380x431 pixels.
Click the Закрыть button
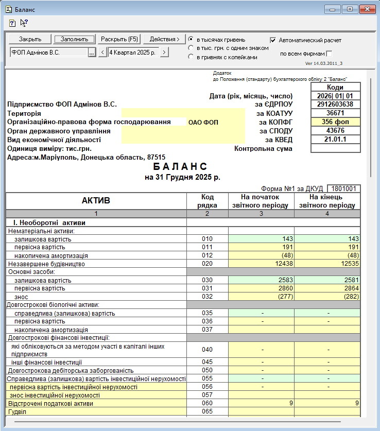pos(30,39)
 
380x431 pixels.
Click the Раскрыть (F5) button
pos(119,39)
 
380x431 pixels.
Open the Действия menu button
pos(164,39)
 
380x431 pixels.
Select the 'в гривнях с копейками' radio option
pos(191,57)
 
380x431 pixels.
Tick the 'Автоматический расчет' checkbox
pos(273,40)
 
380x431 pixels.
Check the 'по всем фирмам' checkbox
pos(330,54)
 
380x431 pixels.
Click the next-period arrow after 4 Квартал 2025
pos(164,52)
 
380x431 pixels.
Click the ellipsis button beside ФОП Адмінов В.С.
pos(92,52)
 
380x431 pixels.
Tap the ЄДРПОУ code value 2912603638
pos(335,105)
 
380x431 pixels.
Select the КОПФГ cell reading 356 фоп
pos(335,122)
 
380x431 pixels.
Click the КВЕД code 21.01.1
pos(335,140)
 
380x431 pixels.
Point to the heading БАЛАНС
pos(180,167)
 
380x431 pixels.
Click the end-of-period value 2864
pos(327,288)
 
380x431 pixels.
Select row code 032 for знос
pos(207,297)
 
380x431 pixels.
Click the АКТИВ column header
pos(96,201)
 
